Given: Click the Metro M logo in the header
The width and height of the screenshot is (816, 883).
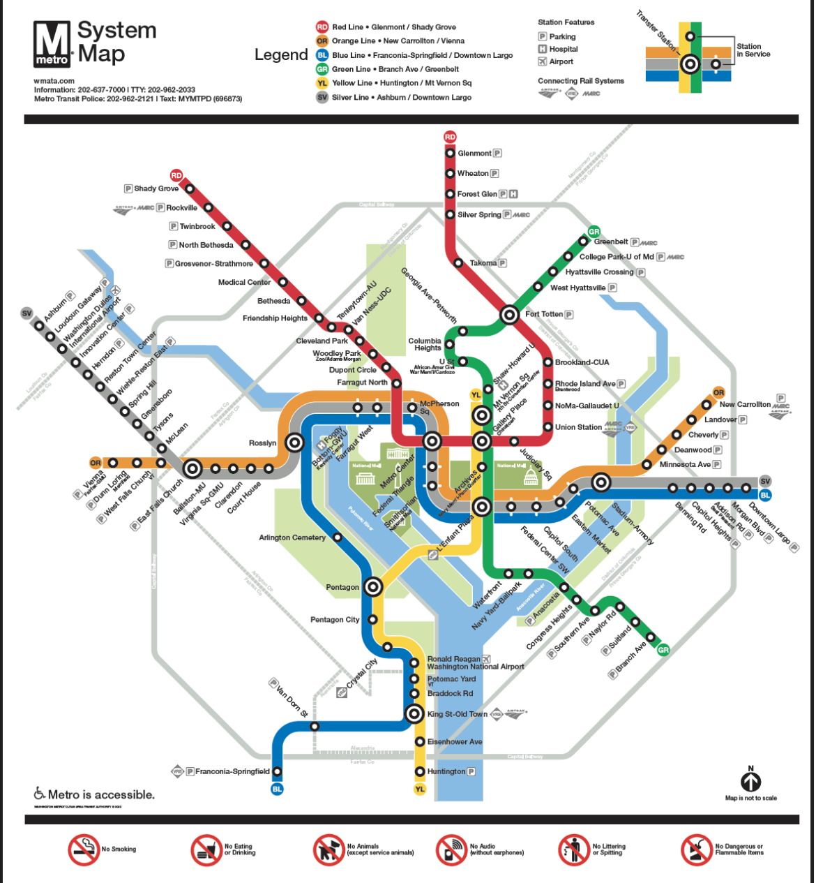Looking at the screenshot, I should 52,44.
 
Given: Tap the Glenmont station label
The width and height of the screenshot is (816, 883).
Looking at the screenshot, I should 474,154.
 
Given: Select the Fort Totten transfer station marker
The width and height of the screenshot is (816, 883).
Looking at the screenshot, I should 510,315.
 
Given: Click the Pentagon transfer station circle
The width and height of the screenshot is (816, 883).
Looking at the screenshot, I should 373,587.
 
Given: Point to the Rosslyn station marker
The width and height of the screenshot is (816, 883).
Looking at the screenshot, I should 295,443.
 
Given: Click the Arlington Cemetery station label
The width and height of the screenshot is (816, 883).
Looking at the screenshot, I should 292,538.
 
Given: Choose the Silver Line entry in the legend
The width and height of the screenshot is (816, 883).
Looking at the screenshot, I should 395,98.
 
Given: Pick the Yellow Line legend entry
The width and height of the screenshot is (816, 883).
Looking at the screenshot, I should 395,83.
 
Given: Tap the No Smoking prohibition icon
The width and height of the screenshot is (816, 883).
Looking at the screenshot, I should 84,849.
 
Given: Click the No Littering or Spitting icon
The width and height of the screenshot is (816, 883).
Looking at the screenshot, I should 574,849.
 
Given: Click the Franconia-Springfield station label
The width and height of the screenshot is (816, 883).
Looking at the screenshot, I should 232,772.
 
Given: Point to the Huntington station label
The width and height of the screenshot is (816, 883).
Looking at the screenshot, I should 446,772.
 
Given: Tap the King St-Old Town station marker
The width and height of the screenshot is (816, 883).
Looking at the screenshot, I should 414,713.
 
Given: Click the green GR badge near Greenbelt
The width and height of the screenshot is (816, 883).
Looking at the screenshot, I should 594,231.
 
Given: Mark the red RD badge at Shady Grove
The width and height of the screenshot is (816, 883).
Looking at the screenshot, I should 176,175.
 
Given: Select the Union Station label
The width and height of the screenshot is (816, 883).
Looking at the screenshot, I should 578,427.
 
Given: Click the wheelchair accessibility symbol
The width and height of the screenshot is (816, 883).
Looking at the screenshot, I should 40,794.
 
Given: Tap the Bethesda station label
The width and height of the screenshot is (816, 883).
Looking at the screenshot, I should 273,302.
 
